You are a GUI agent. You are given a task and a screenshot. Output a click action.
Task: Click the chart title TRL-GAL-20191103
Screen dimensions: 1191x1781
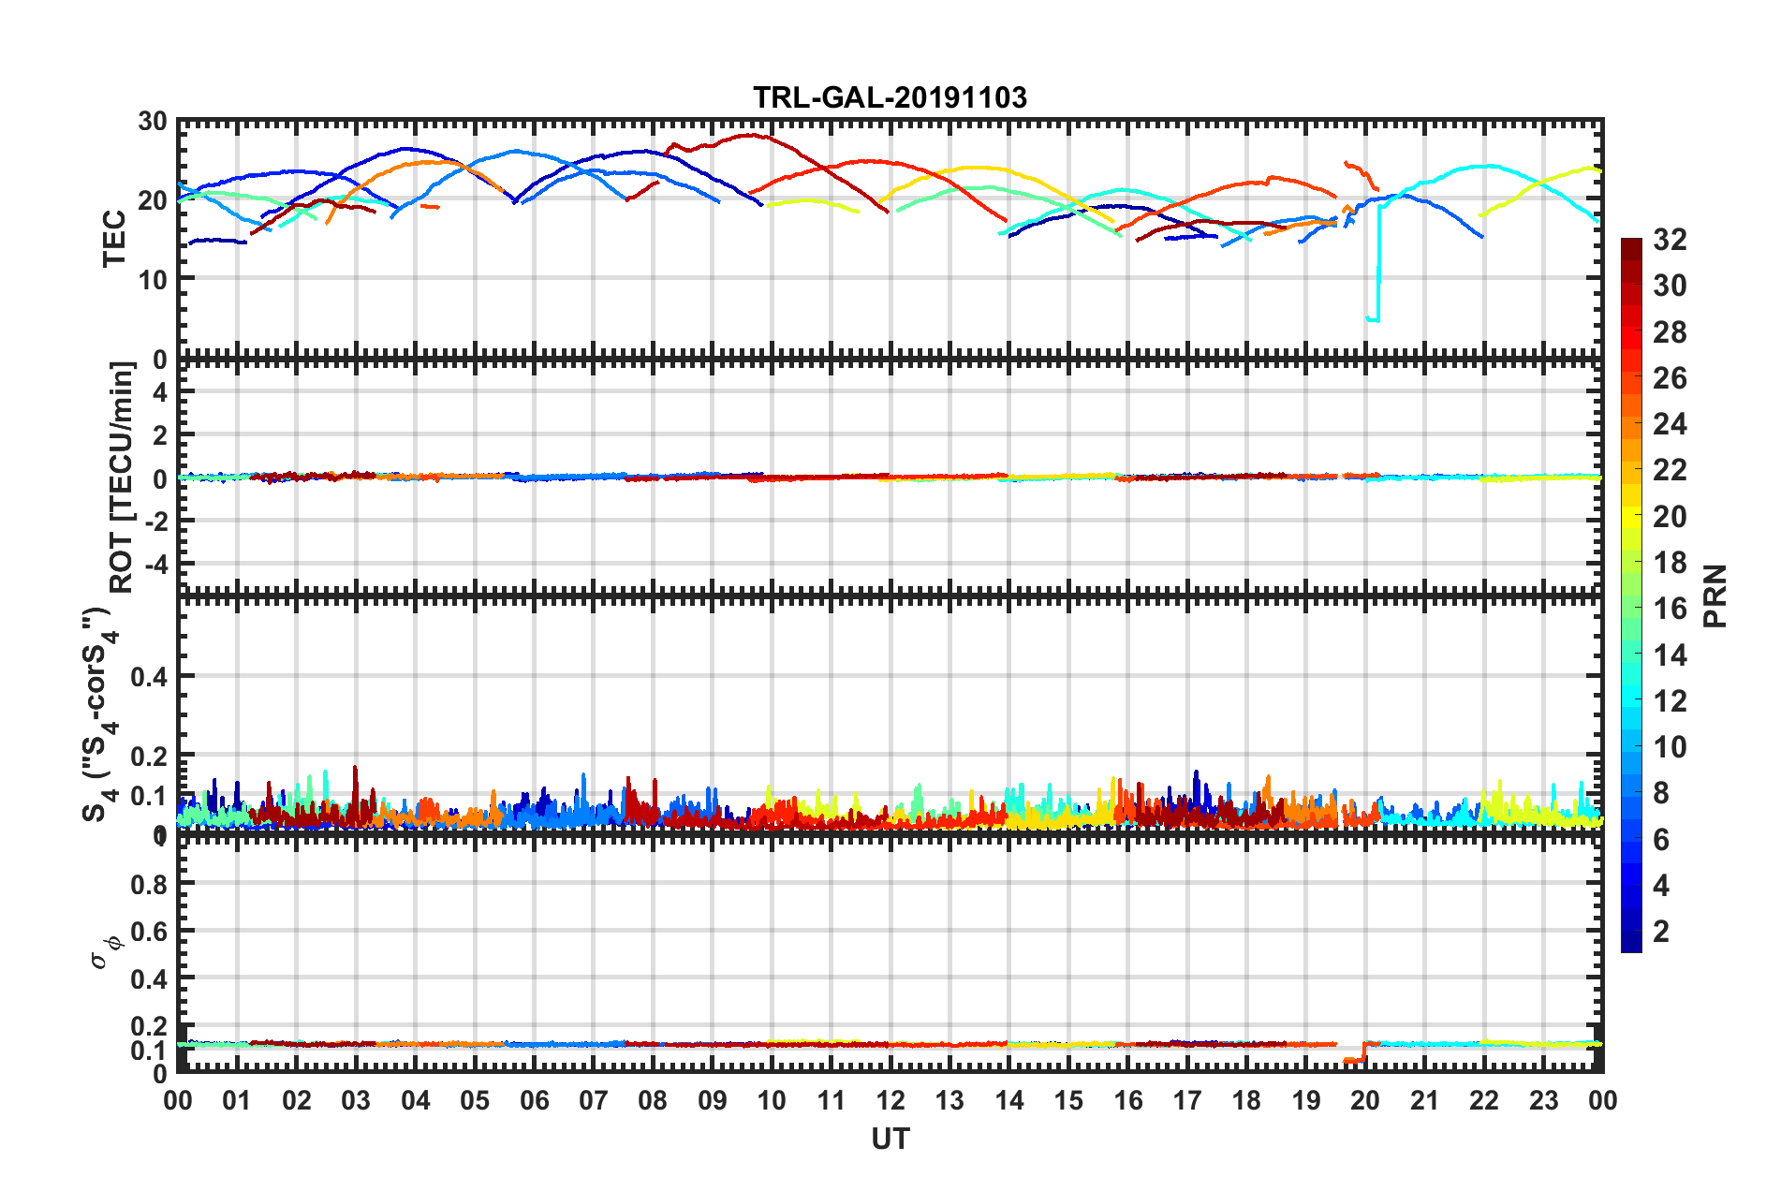click(890, 97)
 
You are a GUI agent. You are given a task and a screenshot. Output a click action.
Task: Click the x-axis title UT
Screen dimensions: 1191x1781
click(890, 1139)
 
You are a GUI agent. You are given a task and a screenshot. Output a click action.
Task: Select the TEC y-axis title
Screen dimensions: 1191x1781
click(114, 239)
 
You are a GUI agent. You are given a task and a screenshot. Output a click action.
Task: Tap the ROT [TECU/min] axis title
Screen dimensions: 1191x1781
click(122, 478)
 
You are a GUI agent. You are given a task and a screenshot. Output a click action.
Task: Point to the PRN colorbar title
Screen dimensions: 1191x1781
click(1715, 595)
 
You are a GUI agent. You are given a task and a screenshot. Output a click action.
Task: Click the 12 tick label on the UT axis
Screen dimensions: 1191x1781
click(890, 1100)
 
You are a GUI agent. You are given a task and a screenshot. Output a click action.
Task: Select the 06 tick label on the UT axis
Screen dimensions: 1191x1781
click(534, 1100)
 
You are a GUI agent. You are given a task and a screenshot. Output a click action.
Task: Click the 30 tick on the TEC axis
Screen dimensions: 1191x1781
click(152, 122)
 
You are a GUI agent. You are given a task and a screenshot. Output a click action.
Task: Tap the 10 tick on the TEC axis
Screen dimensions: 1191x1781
click(152, 279)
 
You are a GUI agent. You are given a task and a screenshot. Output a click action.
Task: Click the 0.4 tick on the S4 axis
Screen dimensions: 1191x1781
click(148, 676)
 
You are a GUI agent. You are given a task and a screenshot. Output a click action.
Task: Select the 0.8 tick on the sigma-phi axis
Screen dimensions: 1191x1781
click(148, 884)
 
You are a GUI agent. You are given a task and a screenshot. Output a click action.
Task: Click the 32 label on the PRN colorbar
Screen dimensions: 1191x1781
click(1670, 241)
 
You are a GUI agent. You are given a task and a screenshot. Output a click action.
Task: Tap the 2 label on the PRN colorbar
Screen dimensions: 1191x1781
click(1661, 932)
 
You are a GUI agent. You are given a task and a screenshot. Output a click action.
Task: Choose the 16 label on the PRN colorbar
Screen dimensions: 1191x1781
click(1670, 610)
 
